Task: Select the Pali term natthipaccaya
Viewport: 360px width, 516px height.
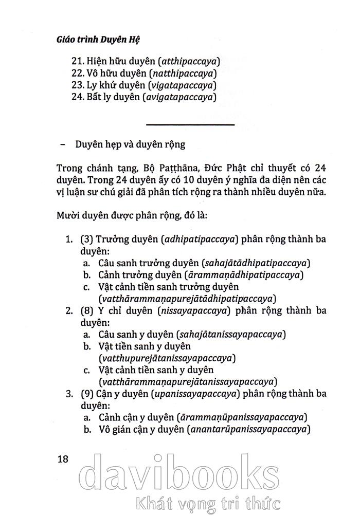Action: tap(182, 73)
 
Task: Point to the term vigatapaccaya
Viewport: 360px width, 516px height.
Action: tap(183, 85)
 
